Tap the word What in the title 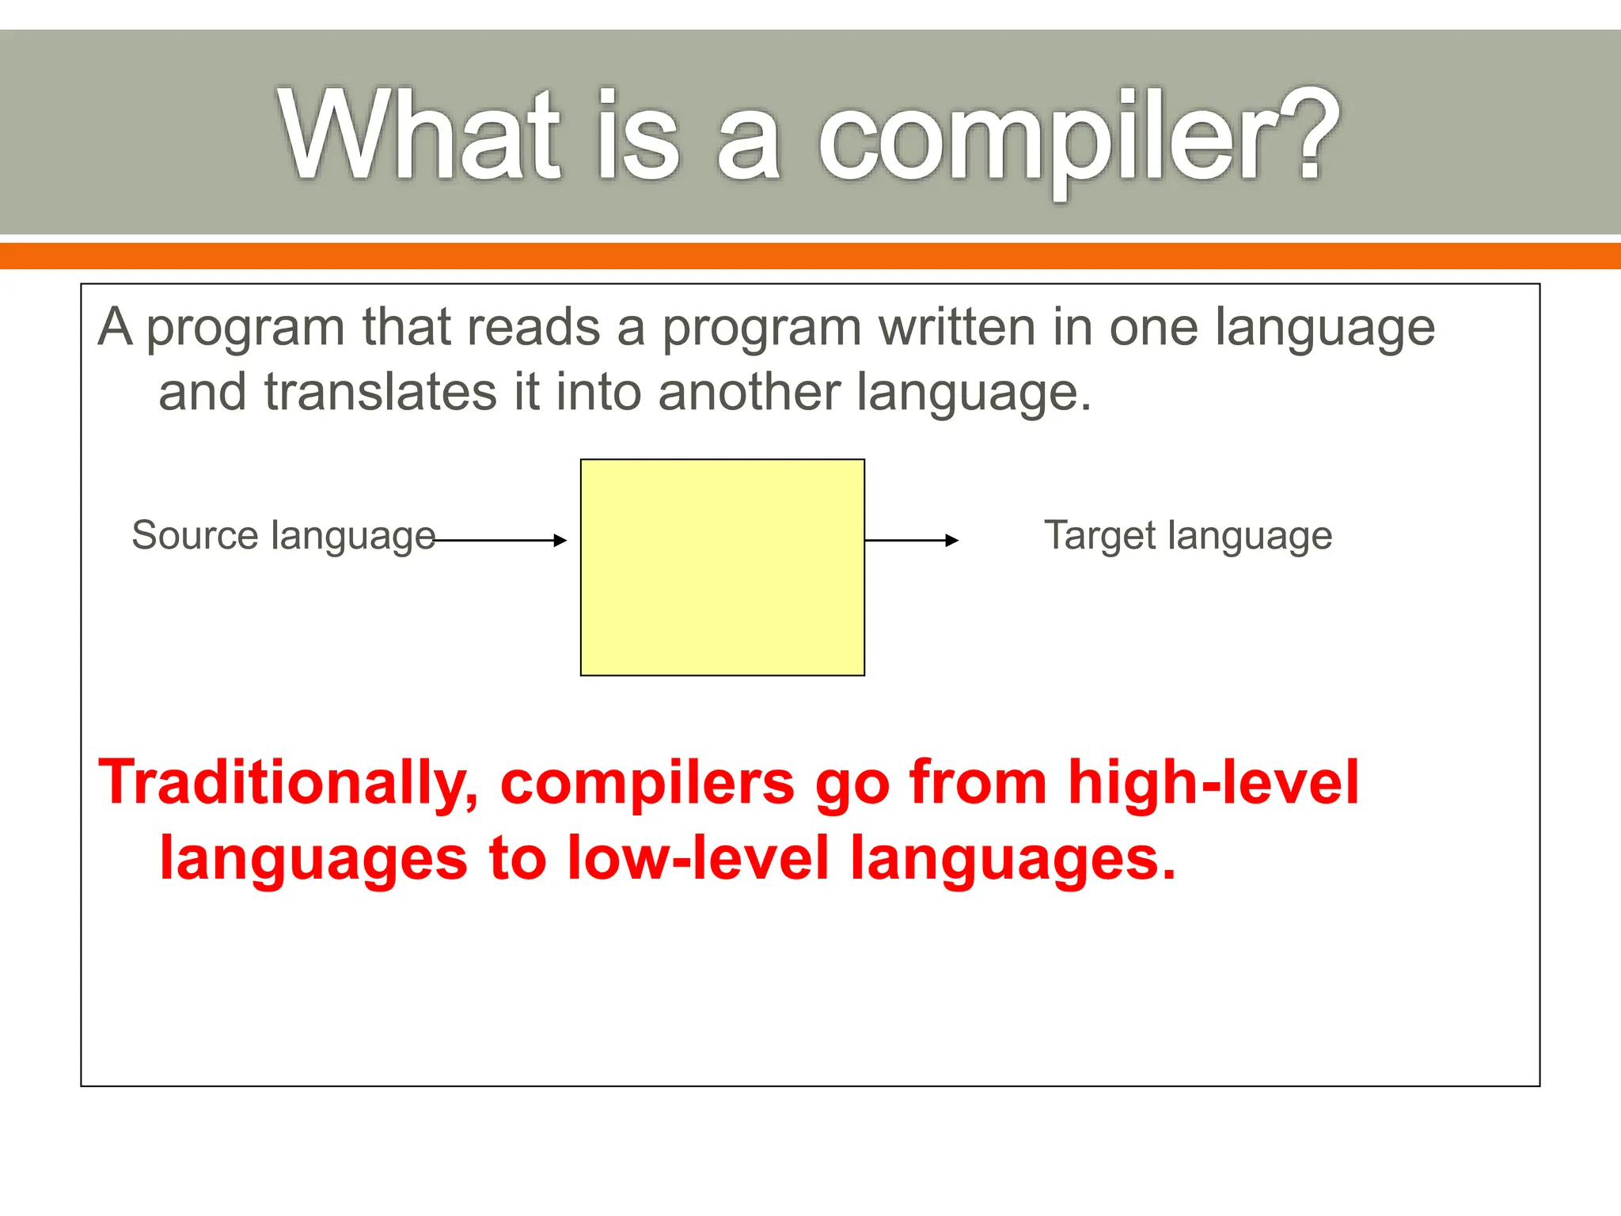(419, 135)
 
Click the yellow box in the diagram (722, 567)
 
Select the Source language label (283, 537)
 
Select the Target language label (1187, 537)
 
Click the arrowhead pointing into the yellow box (560, 541)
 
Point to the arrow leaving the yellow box (910, 541)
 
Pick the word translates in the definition (380, 393)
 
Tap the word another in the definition (749, 393)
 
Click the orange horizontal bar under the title (810, 256)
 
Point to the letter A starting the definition (116, 328)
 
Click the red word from (978, 784)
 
